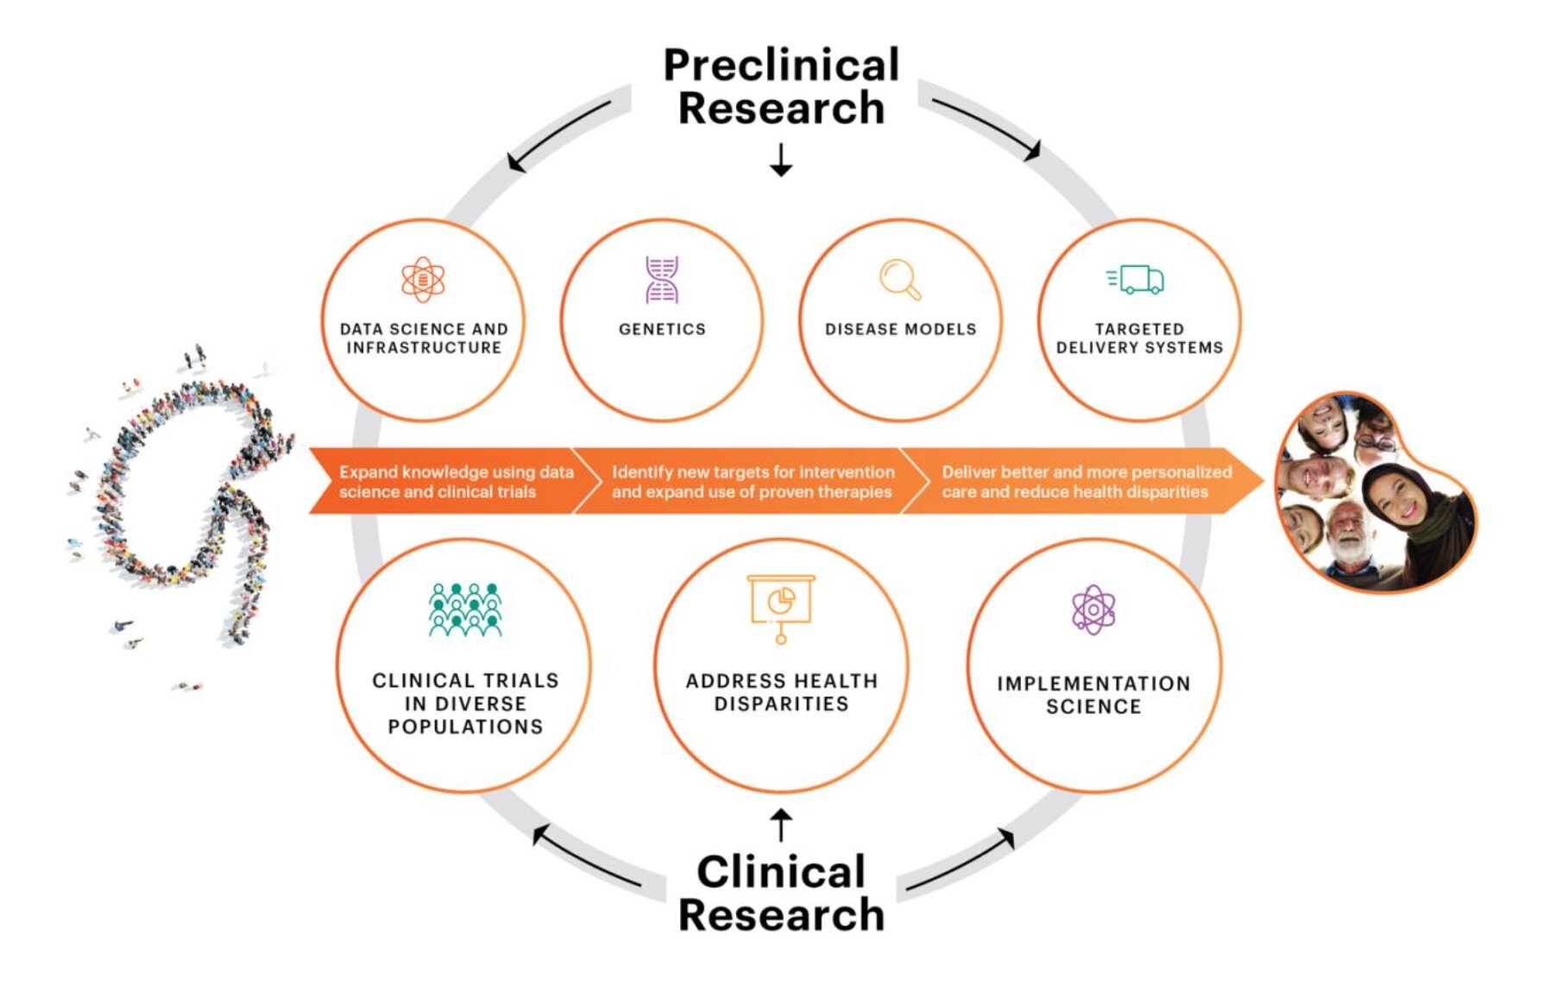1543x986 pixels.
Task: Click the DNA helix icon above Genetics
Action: point(662,280)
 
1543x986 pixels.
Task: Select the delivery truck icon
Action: point(1137,280)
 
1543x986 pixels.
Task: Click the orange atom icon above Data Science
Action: point(423,280)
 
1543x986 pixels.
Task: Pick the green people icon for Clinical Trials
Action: point(465,610)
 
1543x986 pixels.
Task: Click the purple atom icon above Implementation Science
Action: point(1093,610)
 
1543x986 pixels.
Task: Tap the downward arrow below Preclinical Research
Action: point(781,161)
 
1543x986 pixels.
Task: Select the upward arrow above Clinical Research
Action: point(781,825)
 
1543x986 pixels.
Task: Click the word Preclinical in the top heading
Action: point(781,66)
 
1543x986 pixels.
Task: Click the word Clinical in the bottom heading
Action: point(781,871)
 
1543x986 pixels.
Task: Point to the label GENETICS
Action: point(662,329)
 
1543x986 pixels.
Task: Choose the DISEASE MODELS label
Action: point(900,329)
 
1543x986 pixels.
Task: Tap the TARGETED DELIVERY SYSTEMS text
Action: point(1139,338)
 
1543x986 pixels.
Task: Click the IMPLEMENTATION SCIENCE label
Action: point(1093,695)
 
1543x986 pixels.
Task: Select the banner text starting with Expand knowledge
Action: point(456,482)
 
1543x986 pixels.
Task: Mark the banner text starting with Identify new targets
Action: point(752,482)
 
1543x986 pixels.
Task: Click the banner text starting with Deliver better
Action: point(1086,482)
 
